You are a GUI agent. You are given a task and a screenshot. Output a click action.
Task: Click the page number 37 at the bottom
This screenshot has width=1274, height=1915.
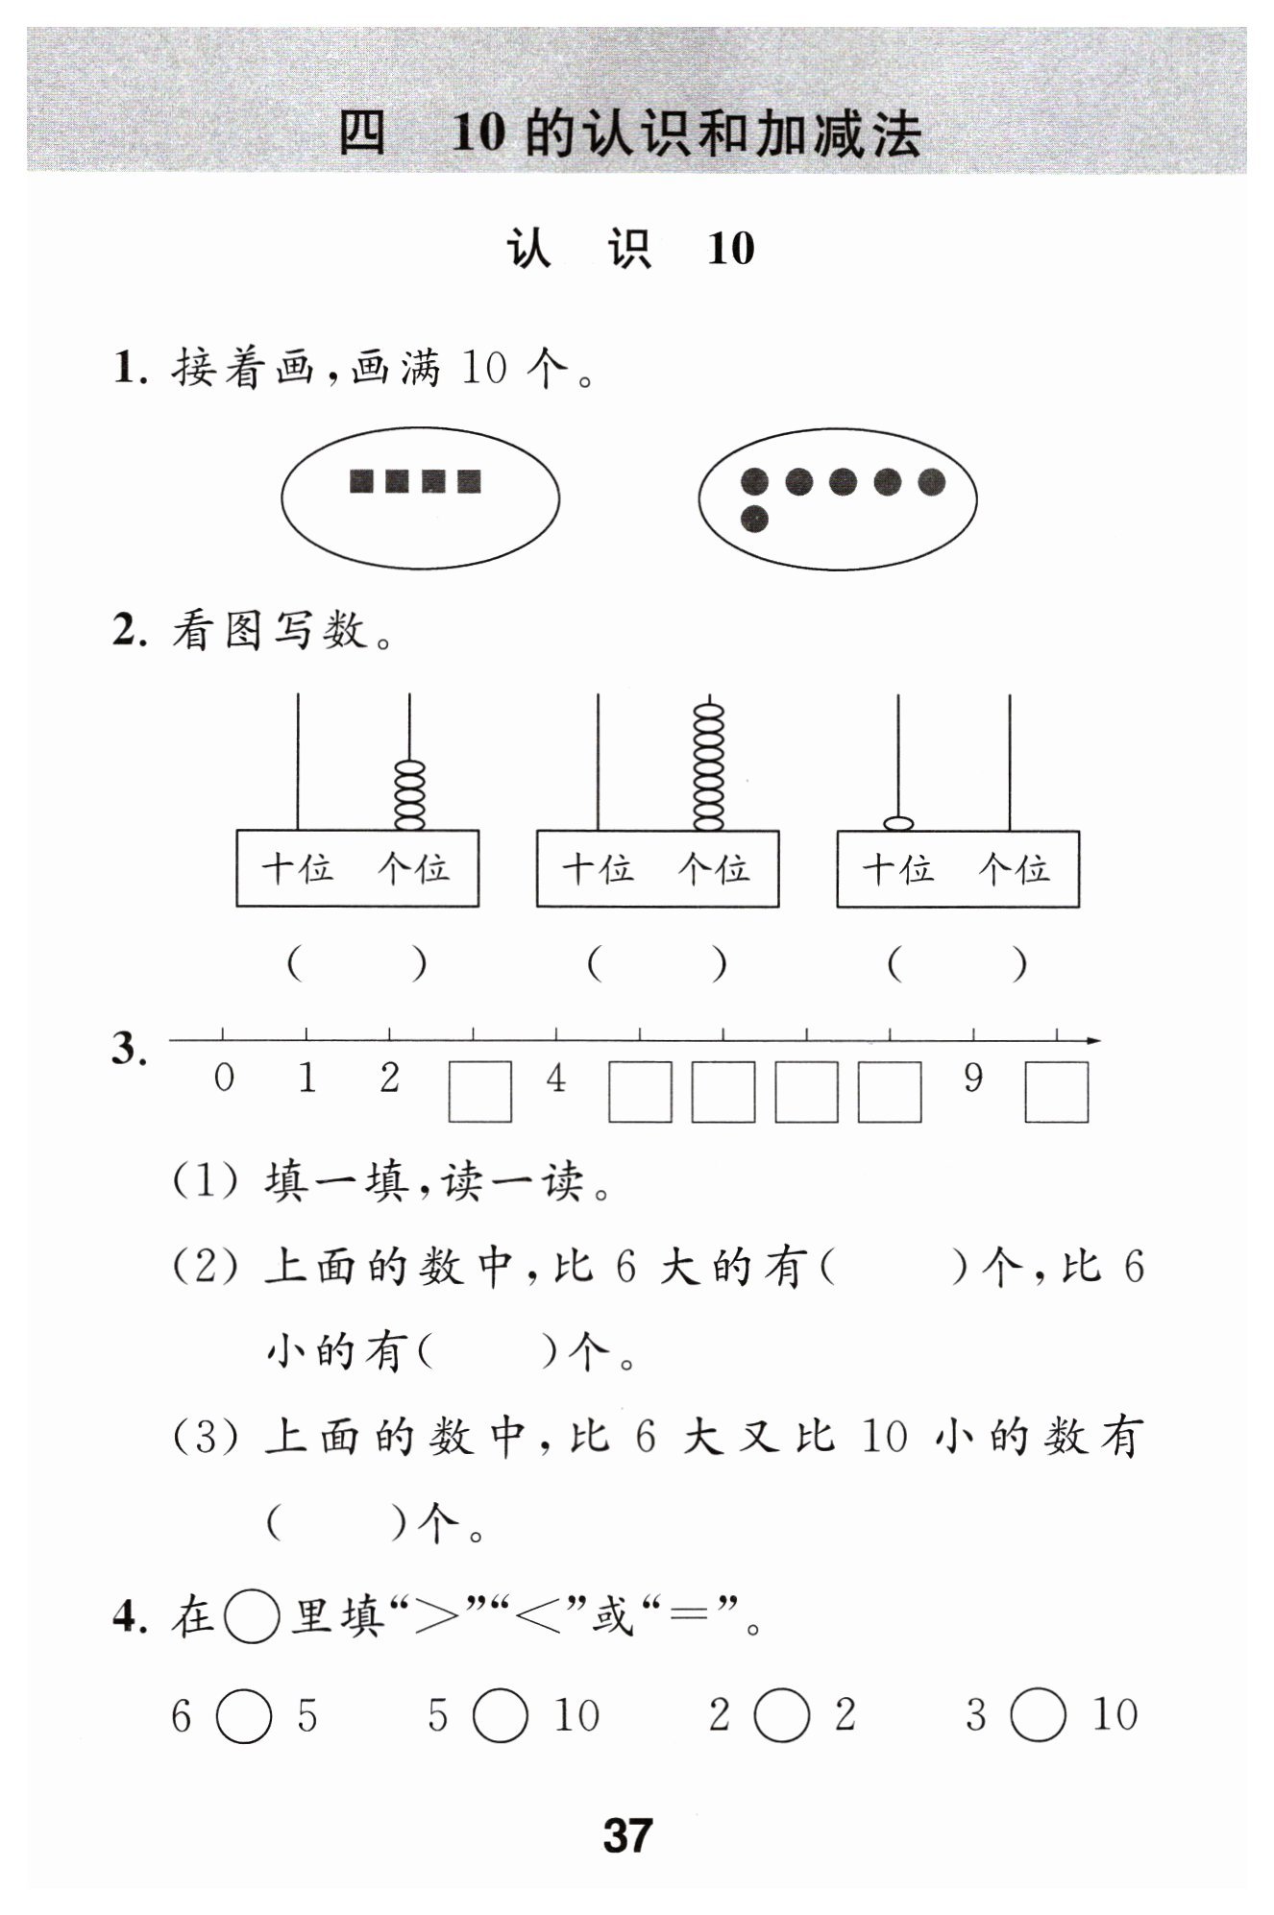[627, 1835]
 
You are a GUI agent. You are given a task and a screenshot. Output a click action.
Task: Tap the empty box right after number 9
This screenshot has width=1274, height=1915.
[1056, 1092]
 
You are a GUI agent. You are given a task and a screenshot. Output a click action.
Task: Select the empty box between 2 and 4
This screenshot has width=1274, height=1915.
[479, 1092]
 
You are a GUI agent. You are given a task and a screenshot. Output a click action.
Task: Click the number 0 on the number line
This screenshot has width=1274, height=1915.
[224, 1079]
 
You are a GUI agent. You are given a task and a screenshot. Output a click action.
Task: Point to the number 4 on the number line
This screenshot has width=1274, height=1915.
[556, 1079]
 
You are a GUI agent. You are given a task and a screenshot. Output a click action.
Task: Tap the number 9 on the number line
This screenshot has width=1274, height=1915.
[973, 1079]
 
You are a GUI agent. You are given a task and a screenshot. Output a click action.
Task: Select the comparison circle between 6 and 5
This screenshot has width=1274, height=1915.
[244, 1716]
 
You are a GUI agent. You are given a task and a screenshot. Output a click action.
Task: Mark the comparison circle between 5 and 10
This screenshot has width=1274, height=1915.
[501, 1716]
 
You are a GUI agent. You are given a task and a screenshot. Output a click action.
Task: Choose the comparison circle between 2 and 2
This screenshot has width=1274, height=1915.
[782, 1716]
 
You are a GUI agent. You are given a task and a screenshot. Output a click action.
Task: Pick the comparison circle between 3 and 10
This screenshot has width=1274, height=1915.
[1039, 1716]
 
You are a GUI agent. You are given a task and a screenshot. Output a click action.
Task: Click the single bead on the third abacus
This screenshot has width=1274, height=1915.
[898, 823]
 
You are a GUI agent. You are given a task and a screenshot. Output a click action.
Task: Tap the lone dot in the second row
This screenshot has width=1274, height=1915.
[755, 520]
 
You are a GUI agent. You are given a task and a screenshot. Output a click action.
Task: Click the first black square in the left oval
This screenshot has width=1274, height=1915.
[362, 480]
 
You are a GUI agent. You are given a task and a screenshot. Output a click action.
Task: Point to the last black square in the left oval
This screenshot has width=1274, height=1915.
[469, 480]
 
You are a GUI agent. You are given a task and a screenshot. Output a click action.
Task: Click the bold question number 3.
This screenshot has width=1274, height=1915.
[130, 1049]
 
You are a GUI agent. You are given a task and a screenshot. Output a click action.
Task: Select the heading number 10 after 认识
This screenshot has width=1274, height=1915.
[731, 249]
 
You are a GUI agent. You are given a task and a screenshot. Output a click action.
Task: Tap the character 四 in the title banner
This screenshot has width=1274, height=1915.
[362, 133]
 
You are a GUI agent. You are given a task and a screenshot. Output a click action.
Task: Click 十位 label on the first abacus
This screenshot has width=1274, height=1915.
[298, 869]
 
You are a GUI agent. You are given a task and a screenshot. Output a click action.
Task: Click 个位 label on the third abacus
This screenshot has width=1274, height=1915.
[1014, 869]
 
